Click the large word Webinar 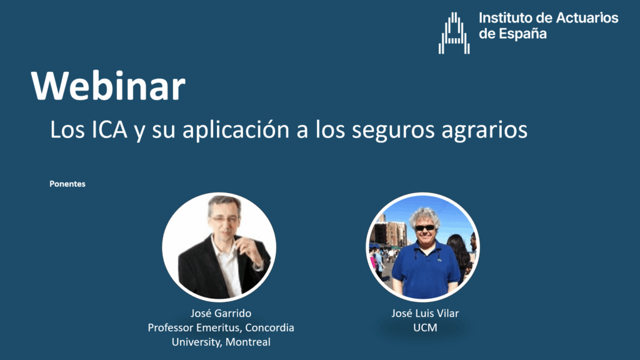point(108,86)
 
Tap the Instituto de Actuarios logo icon point(454,33)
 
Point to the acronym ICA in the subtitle point(109,129)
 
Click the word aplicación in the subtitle point(236,130)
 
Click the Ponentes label point(67,184)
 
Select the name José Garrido point(221,313)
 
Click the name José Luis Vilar point(425,313)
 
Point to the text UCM point(425,327)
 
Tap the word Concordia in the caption point(269,327)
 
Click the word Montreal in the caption point(247,342)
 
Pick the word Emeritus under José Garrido point(219,327)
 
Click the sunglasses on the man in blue point(425,227)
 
